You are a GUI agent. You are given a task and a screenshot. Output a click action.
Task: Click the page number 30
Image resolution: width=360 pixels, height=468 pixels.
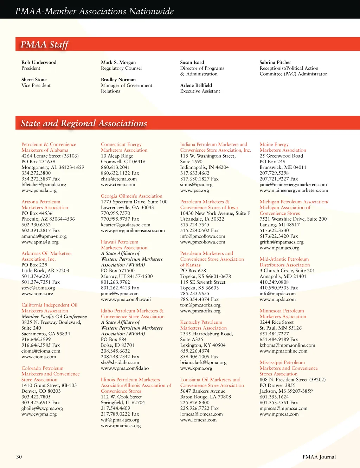[x=19, y=457]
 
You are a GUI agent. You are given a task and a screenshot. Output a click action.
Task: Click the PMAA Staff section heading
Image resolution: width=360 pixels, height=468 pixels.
[x=45, y=45]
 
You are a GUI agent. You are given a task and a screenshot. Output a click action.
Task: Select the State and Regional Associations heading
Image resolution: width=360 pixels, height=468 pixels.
[x=84, y=123]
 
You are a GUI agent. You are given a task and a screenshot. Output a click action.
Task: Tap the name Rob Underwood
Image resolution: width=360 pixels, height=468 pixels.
[x=39, y=62]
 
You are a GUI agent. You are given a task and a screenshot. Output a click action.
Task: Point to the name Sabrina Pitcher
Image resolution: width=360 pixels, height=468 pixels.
[x=275, y=62]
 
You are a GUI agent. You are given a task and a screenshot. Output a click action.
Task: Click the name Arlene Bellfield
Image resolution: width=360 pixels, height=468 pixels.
[x=196, y=85]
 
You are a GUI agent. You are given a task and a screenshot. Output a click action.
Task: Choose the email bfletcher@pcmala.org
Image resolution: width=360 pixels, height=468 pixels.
[x=44, y=184]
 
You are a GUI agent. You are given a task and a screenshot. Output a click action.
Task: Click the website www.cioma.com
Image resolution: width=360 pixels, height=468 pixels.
[x=39, y=356]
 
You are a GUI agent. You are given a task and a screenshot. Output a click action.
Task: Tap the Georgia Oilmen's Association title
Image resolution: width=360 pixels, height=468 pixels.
[x=131, y=196]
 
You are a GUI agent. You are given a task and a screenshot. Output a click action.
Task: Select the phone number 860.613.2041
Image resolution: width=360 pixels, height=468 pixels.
[x=115, y=167]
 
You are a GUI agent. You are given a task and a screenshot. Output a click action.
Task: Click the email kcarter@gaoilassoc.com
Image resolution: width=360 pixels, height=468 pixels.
[x=126, y=224]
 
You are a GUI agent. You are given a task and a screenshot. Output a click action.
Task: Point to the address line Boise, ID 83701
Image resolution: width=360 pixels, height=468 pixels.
[x=117, y=345]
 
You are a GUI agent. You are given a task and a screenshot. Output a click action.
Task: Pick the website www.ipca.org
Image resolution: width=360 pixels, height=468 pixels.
[x=194, y=190]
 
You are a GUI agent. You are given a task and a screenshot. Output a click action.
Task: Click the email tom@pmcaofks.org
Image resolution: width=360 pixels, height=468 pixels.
[x=200, y=305]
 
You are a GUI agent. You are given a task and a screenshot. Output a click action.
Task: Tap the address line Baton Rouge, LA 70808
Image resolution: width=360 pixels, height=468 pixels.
[x=206, y=397]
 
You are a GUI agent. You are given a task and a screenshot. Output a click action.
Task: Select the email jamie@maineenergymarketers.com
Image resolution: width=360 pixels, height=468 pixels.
[x=293, y=184]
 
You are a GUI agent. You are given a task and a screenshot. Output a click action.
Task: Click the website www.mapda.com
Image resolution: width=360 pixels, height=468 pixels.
[x=278, y=299]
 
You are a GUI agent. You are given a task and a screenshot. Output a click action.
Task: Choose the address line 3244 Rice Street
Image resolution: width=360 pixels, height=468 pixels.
[x=277, y=322]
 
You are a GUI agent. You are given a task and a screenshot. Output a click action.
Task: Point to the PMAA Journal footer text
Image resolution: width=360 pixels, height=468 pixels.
[x=319, y=457]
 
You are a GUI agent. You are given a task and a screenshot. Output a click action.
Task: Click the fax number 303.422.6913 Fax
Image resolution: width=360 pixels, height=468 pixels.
[x=41, y=402]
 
